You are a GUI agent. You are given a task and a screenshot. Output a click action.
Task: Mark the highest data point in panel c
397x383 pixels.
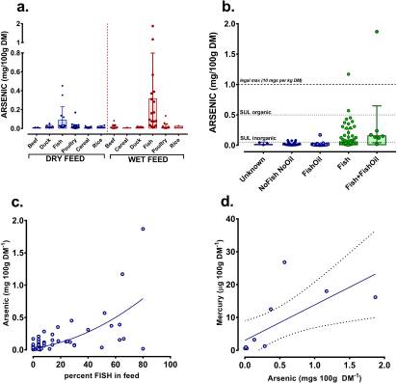pyautogui.click(x=143, y=229)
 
